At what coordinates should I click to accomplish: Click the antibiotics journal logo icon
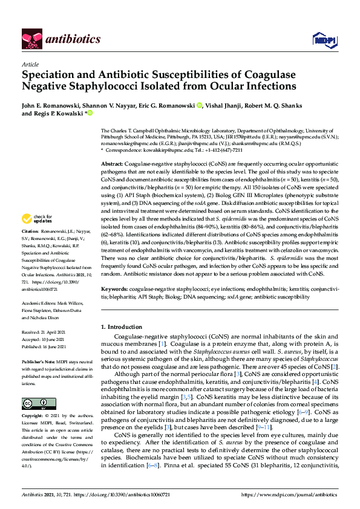tap(32, 39)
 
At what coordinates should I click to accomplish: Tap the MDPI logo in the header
tap(321, 39)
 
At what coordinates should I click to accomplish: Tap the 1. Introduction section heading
tap(122, 327)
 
